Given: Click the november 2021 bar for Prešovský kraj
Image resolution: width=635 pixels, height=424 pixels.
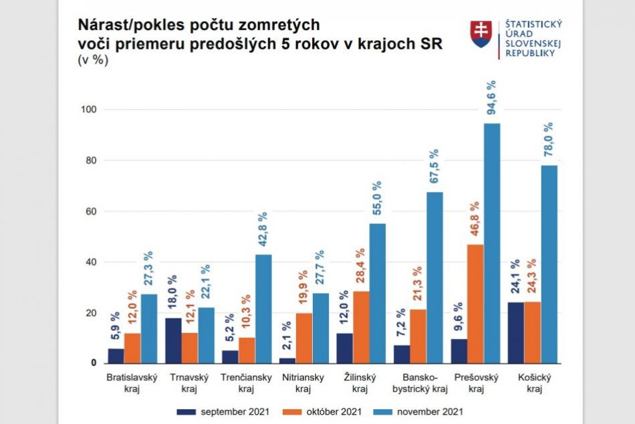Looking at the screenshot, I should (x=492, y=243).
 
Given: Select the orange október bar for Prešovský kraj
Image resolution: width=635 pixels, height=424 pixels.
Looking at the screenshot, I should (x=475, y=304).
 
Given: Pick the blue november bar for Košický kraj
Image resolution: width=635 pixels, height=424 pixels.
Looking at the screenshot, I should (x=549, y=265).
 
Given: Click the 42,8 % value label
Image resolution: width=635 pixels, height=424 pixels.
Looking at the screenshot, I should (x=263, y=230).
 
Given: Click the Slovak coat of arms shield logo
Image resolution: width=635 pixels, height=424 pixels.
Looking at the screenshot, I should (x=481, y=33).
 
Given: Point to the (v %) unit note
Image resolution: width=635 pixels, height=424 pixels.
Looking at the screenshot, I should (x=93, y=60).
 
